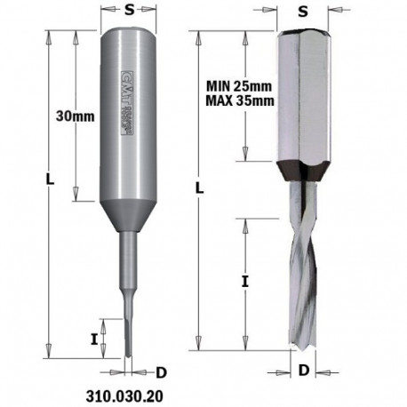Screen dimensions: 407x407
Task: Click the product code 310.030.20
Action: point(125,390)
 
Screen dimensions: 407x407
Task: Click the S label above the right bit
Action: point(303,12)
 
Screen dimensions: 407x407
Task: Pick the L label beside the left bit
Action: point(50,180)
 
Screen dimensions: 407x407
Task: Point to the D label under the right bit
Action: point(304,367)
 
